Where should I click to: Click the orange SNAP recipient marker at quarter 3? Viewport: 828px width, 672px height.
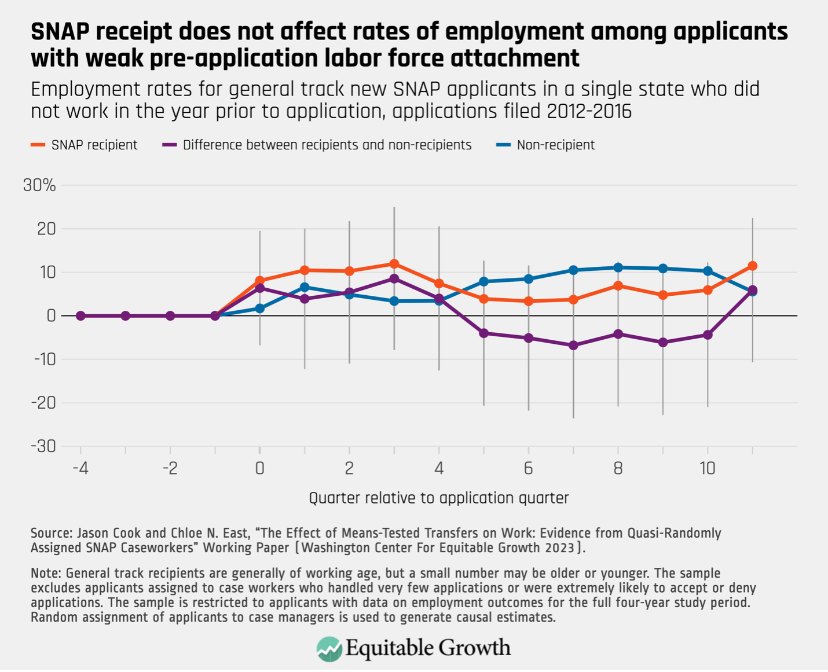pos(394,264)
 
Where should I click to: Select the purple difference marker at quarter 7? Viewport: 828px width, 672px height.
pos(573,346)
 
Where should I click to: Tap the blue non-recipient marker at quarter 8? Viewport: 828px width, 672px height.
pos(618,267)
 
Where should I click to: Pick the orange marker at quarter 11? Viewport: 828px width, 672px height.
pos(752,266)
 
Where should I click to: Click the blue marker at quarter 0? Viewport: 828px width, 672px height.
pos(260,309)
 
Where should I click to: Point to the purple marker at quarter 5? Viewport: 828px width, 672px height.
pos(484,333)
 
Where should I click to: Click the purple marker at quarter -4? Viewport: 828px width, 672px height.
pos(80,316)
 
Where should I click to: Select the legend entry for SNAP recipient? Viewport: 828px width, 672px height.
pos(85,145)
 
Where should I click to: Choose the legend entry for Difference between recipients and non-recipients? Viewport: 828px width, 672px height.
pos(317,145)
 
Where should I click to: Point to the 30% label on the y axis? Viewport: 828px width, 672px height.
pos(39,185)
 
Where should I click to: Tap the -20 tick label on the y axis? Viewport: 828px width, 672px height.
pos(45,403)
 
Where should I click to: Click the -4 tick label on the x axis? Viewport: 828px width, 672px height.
pos(80,468)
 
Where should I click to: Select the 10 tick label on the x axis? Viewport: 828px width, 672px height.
pos(707,468)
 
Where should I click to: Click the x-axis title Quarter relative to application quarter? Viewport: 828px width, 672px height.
pos(438,498)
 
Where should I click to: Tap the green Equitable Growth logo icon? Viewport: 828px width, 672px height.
pos(329,648)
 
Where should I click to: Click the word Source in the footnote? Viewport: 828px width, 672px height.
pos(50,533)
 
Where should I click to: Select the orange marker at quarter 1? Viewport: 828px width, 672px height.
pos(305,270)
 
